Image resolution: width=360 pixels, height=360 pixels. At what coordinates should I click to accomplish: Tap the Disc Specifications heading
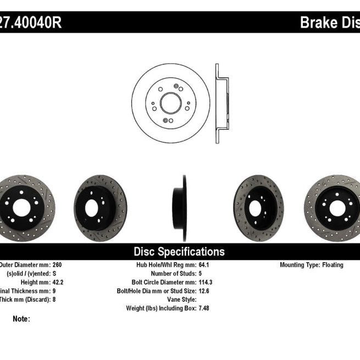179,252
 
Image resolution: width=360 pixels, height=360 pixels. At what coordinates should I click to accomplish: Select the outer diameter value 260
58,265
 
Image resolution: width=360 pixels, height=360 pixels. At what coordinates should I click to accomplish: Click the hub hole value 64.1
204,265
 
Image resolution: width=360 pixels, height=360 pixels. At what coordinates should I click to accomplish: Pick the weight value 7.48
204,309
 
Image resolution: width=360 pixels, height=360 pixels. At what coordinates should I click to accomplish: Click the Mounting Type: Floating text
311,265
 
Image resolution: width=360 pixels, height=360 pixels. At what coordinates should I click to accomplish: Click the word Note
21,319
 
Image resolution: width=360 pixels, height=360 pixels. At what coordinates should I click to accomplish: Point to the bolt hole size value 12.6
204,291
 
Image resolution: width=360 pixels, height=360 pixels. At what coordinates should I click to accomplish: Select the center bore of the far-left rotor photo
21,208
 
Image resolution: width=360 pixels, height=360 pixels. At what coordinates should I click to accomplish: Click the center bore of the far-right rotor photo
336,208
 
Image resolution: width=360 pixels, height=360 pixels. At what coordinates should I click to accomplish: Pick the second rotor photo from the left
101,208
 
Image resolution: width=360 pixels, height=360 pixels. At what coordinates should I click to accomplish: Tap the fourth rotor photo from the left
258,208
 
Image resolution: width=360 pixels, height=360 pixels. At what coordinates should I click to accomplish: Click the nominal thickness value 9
54,291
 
